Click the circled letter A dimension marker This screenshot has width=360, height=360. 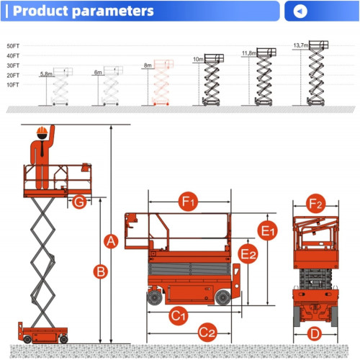tap(111, 241)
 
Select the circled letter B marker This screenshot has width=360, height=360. tap(100, 271)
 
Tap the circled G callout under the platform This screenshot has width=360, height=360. tap(79, 202)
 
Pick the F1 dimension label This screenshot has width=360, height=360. tap(188, 202)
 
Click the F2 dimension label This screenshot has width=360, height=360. tap(315, 204)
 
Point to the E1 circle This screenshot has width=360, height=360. tap(267, 230)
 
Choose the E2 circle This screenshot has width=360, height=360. tap(248, 254)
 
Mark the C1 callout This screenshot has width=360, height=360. tap(179, 315)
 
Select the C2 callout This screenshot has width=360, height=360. tap(207, 333)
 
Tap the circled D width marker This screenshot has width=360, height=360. tap(315, 334)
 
